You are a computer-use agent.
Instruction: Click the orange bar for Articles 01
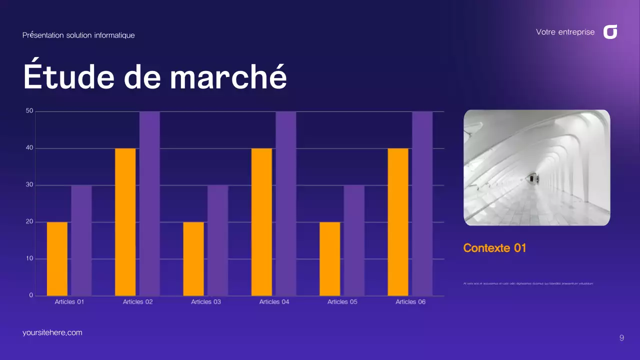pyautogui.click(x=57, y=258)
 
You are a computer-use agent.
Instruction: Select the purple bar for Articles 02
pyautogui.click(x=149, y=203)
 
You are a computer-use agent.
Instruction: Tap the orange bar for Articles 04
pyautogui.click(x=261, y=222)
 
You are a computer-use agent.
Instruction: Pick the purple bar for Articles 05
pyautogui.click(x=354, y=240)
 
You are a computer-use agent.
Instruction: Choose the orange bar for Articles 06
pyautogui.click(x=398, y=222)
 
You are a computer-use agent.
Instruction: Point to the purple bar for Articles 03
pyautogui.click(x=218, y=240)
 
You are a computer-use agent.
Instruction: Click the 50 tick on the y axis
pyautogui.click(x=29, y=111)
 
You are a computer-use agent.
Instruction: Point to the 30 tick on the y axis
pyautogui.click(x=29, y=185)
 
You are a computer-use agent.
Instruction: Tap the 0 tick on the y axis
pyautogui.click(x=31, y=295)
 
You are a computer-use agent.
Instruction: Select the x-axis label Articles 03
pyautogui.click(x=206, y=302)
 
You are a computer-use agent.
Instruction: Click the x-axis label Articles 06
pyautogui.click(x=410, y=302)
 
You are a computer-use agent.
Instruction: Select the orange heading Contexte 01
pyautogui.click(x=494, y=248)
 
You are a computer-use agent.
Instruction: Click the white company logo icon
pyautogui.click(x=610, y=32)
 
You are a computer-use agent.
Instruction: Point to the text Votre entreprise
pyautogui.click(x=565, y=32)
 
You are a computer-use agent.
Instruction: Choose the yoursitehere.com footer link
pyautogui.click(x=52, y=332)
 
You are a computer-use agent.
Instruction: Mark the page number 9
pyautogui.click(x=621, y=338)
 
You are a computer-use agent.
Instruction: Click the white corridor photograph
pyautogui.click(x=536, y=167)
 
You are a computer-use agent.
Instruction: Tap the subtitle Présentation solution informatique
pyautogui.click(x=78, y=35)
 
